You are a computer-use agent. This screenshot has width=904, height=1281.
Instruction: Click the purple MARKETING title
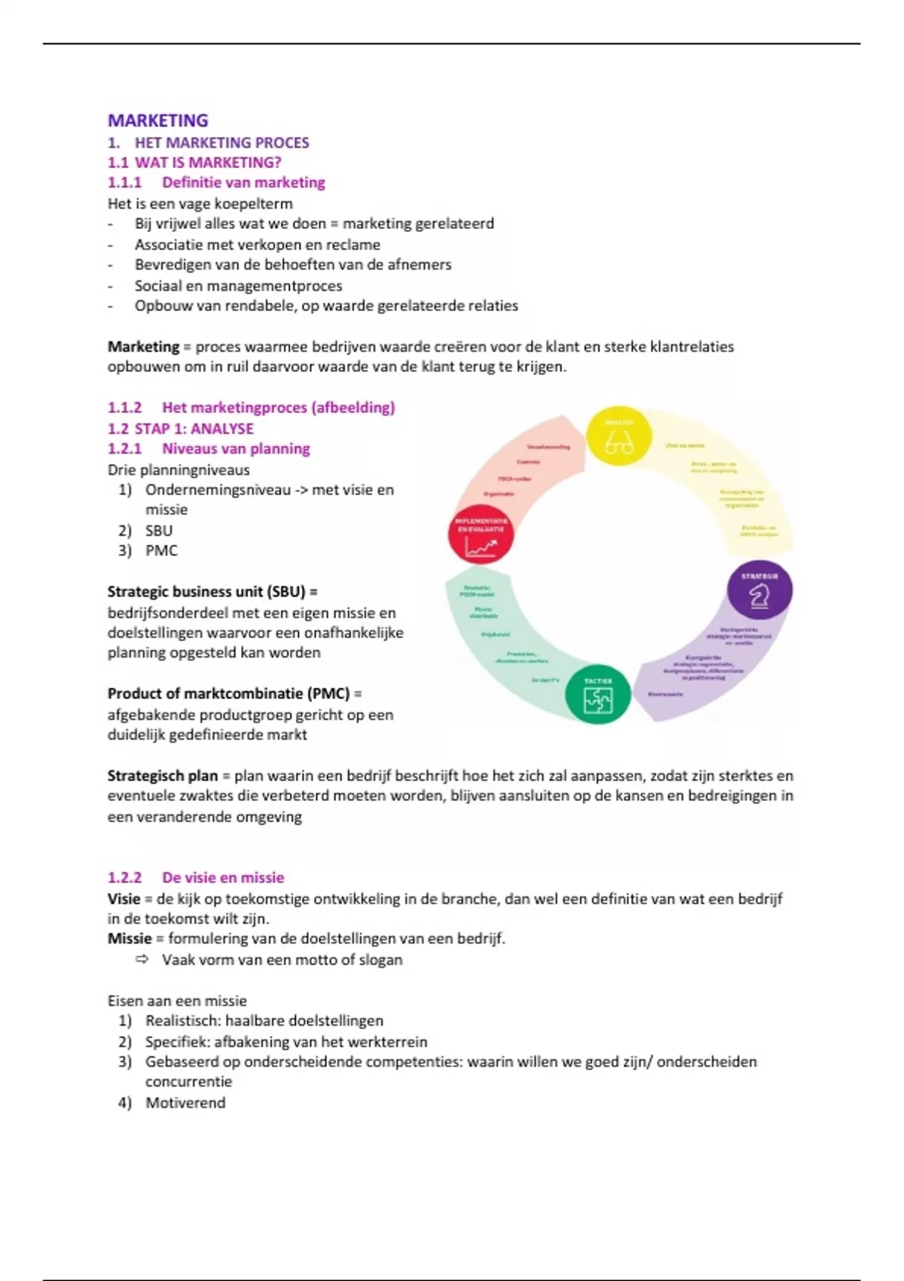[x=157, y=121]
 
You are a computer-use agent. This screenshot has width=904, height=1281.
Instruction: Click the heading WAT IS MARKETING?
[x=207, y=162]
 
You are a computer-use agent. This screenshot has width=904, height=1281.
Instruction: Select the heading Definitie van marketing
[x=243, y=182]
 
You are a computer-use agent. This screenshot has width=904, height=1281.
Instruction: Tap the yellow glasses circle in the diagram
[x=618, y=436]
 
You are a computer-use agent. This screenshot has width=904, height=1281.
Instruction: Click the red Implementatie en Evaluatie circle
[x=481, y=535]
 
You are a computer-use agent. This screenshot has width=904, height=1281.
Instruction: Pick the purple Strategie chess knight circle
[x=759, y=590]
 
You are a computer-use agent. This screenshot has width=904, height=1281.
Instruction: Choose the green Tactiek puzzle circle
[x=598, y=694]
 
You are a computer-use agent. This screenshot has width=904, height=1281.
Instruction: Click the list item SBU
[x=159, y=530]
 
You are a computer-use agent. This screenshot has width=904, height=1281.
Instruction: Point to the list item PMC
[x=161, y=551]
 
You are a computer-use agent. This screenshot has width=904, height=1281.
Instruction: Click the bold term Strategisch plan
[x=162, y=775]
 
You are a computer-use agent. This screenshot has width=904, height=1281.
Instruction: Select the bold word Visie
[x=124, y=898]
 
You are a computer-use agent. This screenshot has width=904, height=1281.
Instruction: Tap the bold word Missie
[x=130, y=939]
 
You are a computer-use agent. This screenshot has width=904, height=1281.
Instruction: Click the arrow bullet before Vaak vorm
[x=142, y=959]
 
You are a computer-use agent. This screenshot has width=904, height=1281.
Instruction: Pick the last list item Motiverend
[x=185, y=1102]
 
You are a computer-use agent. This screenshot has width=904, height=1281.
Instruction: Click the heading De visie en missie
[x=223, y=878]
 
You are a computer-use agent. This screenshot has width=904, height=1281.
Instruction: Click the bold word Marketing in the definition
[x=143, y=347]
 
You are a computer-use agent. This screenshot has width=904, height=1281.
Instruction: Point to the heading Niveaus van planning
[x=236, y=449]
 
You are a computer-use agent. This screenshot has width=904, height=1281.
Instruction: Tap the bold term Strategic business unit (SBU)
[x=207, y=592]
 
